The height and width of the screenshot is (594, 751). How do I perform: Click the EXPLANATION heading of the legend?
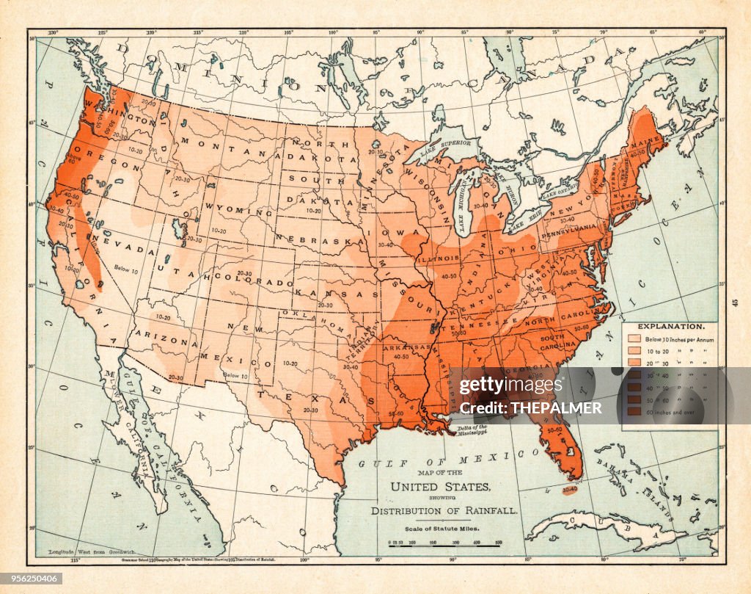point(671,325)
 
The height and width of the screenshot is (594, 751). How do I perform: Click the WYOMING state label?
point(229,210)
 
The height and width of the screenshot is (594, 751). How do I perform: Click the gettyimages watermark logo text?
point(509,385)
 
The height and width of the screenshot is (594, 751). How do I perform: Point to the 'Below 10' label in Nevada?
point(126,269)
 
